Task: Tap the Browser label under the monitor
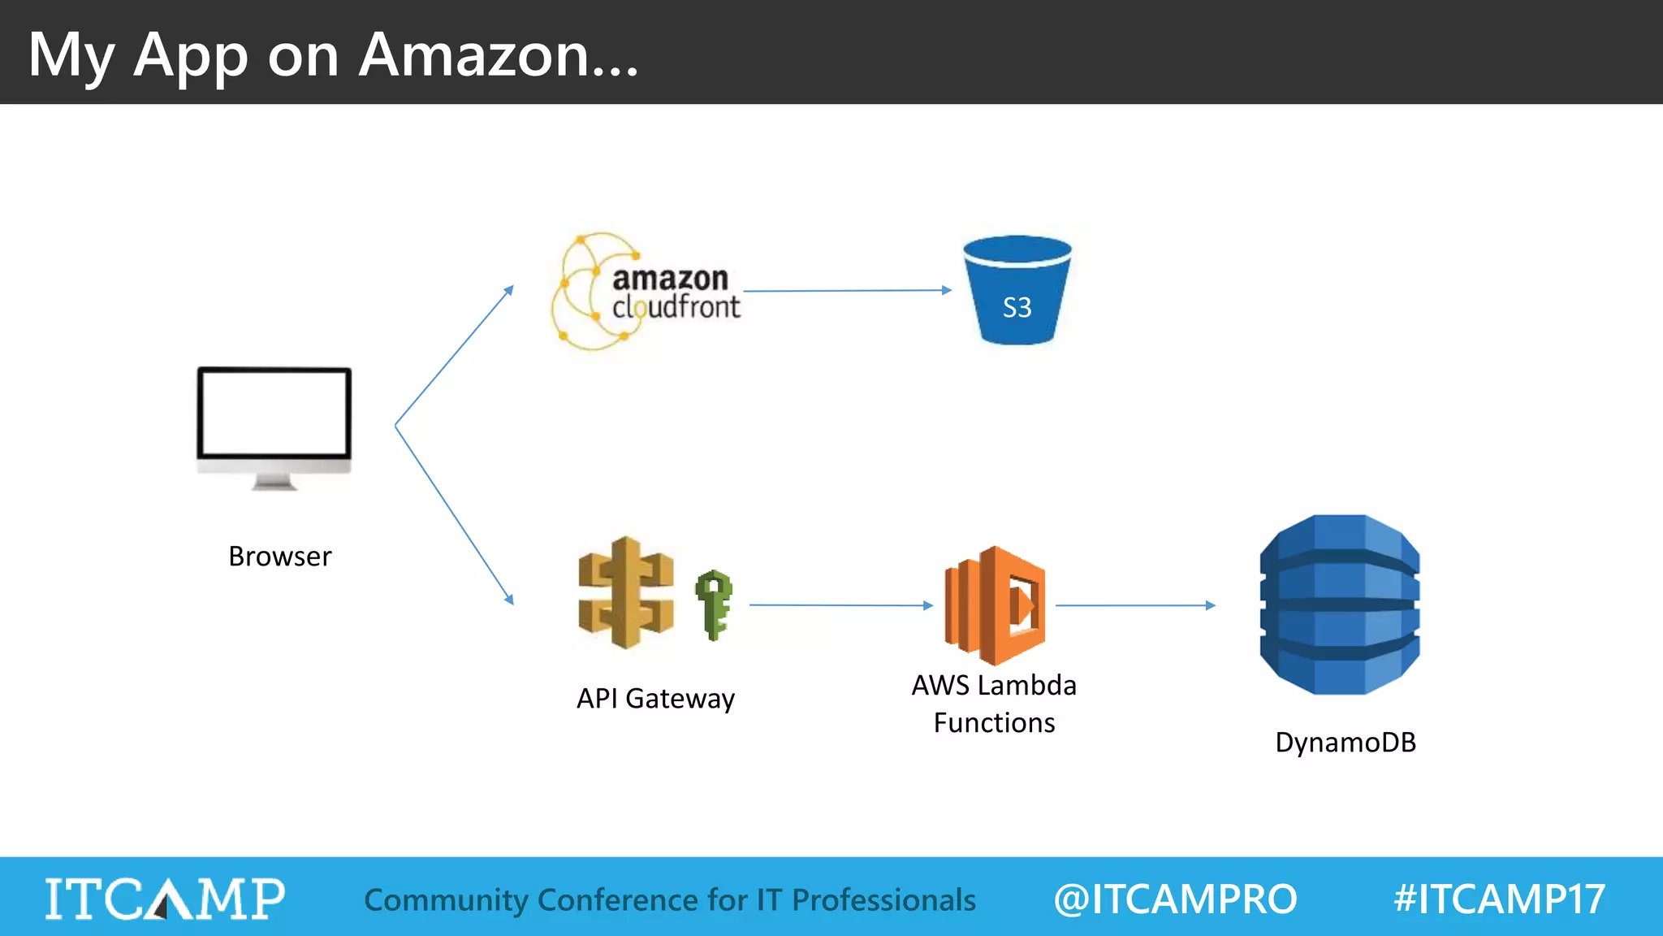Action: (x=280, y=557)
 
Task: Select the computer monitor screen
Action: (x=274, y=413)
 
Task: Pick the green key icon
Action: (x=714, y=604)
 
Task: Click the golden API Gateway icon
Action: (x=625, y=593)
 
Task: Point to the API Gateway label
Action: (x=655, y=699)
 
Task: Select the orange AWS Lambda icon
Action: (x=995, y=605)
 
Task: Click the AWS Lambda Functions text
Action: (x=994, y=704)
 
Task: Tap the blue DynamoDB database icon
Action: (x=1340, y=604)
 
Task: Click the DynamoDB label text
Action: (x=1346, y=742)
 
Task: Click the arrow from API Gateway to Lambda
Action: (x=840, y=604)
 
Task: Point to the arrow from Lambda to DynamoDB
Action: (x=1134, y=604)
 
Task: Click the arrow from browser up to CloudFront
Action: (x=455, y=355)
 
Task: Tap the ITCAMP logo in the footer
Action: (x=165, y=899)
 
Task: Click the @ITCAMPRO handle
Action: (x=1175, y=899)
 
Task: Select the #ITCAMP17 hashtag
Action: (x=1499, y=899)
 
